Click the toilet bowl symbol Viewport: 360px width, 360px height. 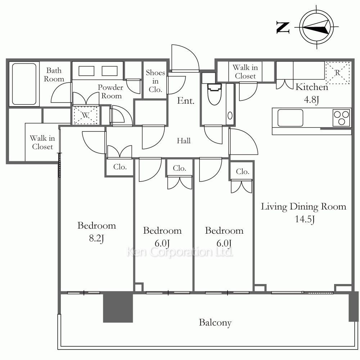215,94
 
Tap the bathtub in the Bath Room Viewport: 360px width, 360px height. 24,84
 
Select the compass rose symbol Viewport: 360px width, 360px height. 316,27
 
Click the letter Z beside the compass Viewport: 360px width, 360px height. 283,28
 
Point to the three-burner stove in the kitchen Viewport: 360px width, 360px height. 341,118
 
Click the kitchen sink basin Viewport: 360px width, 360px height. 290,118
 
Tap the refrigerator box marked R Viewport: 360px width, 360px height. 337,73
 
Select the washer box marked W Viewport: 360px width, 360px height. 85,115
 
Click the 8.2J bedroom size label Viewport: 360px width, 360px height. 96,238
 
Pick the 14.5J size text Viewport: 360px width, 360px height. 305,219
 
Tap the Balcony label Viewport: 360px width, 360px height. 215,323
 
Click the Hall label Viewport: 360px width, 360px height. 184,140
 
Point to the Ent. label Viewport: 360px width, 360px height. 186,100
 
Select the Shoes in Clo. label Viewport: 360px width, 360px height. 156,81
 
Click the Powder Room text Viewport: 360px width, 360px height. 111,91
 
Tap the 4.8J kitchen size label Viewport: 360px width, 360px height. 311,100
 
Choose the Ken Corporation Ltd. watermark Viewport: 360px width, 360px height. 180,252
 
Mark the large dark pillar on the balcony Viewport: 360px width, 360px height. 118,307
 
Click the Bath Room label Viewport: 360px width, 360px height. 54,75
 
